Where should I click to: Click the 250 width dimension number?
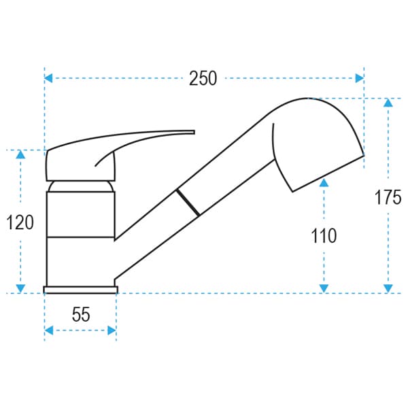coord(203,78)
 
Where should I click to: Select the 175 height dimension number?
coord(388,197)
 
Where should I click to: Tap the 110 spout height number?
coord(324,236)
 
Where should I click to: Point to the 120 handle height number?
coord(20,222)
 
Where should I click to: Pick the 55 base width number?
coord(81,314)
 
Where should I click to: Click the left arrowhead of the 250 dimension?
coord(48,78)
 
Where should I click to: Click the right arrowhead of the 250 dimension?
coord(360,78)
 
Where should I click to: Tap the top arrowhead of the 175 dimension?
coord(388,103)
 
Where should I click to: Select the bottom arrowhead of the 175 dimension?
coord(388,288)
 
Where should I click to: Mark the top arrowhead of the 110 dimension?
coord(324,183)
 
